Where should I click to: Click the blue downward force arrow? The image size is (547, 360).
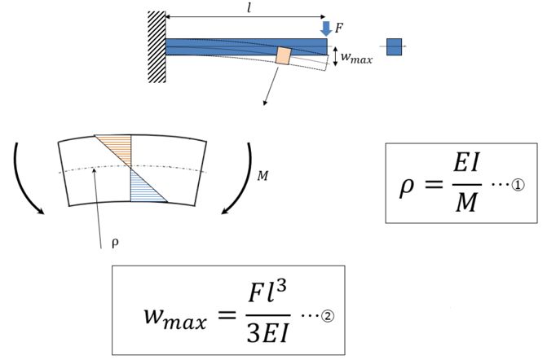(327, 29)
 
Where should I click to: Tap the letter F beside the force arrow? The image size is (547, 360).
(339, 29)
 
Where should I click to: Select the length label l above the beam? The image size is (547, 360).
(249, 7)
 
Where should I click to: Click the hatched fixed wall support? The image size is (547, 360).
(156, 46)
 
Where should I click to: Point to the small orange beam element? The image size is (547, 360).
(283, 55)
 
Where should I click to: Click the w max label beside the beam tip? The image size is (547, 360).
(356, 58)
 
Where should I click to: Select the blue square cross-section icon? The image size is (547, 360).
(394, 46)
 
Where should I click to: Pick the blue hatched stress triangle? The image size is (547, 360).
(145, 189)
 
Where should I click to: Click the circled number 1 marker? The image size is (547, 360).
(518, 185)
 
